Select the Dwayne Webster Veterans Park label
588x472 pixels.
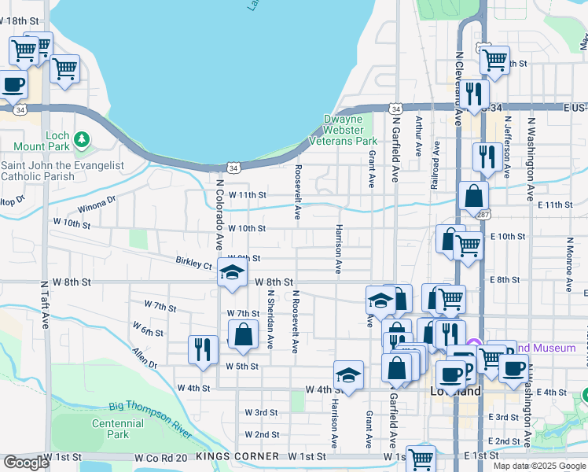(x=351, y=130)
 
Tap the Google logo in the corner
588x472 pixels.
(x=26, y=463)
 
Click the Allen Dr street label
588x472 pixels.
(x=145, y=358)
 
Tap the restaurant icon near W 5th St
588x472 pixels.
(x=204, y=350)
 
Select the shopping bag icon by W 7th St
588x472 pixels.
(x=244, y=334)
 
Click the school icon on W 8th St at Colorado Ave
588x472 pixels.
(x=232, y=274)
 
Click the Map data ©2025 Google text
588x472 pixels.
(x=539, y=466)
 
